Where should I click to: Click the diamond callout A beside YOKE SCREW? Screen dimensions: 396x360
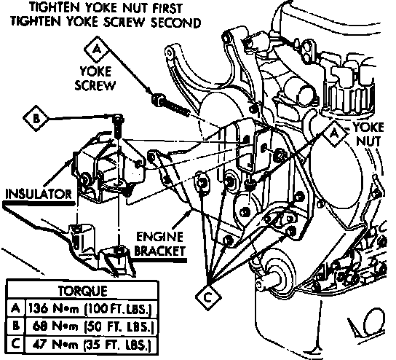point(97,50)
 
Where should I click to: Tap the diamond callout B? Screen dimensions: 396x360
point(36,118)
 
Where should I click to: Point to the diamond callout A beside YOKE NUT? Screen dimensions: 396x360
point(335,133)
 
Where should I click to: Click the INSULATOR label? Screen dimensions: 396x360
point(39,194)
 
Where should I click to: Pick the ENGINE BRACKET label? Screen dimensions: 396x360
point(159,244)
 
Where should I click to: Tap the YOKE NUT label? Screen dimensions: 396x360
point(368,134)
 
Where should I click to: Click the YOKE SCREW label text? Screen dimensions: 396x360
point(95,79)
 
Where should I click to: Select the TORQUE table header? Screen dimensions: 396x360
point(82,291)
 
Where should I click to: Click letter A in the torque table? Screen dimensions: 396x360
point(16,308)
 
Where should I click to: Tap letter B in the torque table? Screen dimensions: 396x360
point(16,326)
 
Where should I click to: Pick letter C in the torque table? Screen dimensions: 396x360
point(16,344)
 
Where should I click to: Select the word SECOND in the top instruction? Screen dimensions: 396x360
point(176,23)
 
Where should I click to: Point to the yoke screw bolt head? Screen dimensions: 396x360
point(158,100)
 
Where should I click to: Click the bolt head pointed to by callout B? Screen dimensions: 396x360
point(118,118)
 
